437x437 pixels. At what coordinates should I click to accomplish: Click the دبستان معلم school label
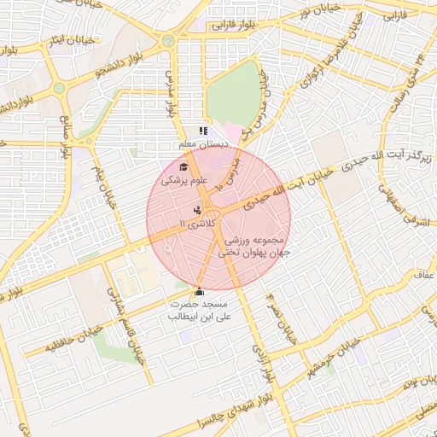click(201, 145)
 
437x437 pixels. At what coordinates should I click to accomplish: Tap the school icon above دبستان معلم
click(203, 131)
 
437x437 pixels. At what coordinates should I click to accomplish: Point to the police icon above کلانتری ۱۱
click(197, 210)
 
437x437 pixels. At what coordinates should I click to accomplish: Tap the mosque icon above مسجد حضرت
click(200, 291)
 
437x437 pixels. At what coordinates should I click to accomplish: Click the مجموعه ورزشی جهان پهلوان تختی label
click(253, 247)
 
